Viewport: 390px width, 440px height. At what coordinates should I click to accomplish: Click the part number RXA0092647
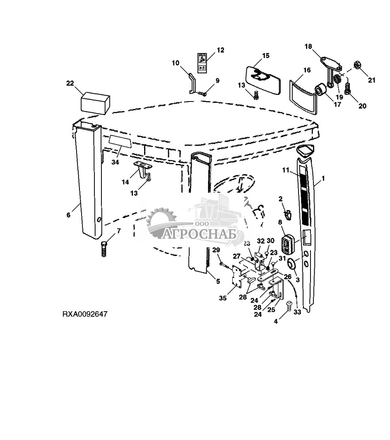point(85,314)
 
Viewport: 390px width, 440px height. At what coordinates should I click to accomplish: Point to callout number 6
point(69,215)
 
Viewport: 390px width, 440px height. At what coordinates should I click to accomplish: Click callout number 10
point(176,63)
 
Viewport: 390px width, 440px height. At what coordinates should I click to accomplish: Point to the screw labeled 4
point(289,306)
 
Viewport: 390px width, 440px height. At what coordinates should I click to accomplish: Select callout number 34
point(115,162)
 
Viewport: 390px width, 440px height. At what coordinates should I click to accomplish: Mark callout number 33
point(297,313)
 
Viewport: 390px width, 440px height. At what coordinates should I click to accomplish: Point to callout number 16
point(307,70)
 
